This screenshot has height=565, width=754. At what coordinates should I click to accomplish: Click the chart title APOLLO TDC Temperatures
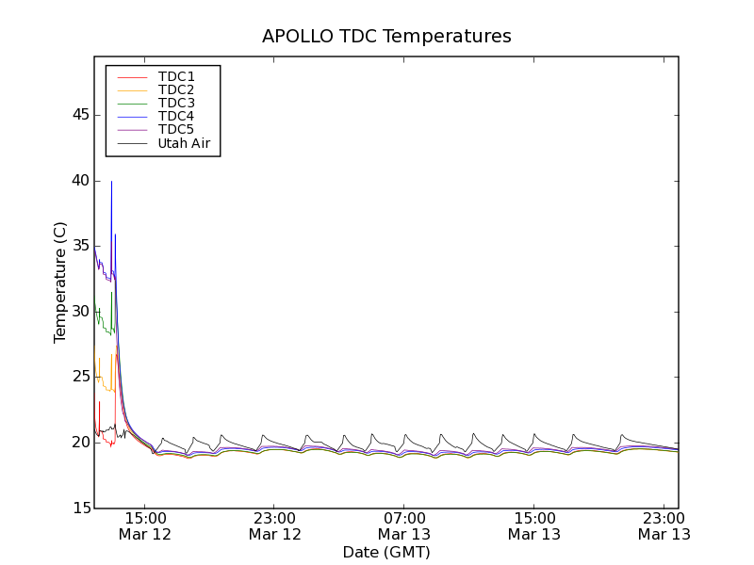386,37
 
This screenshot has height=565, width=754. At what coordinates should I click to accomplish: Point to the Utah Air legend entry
183,143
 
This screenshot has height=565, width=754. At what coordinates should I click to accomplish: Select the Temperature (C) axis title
60,282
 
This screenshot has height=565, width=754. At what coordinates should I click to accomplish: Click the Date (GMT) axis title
386,552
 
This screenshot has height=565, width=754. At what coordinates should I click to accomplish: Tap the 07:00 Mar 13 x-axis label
404,525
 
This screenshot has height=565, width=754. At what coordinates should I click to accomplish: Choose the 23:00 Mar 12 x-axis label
275,525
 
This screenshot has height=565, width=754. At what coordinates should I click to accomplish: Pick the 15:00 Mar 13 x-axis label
534,525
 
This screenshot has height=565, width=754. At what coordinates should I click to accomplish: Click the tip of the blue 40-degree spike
111,181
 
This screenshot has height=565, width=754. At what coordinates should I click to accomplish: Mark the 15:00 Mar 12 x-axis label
145,525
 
